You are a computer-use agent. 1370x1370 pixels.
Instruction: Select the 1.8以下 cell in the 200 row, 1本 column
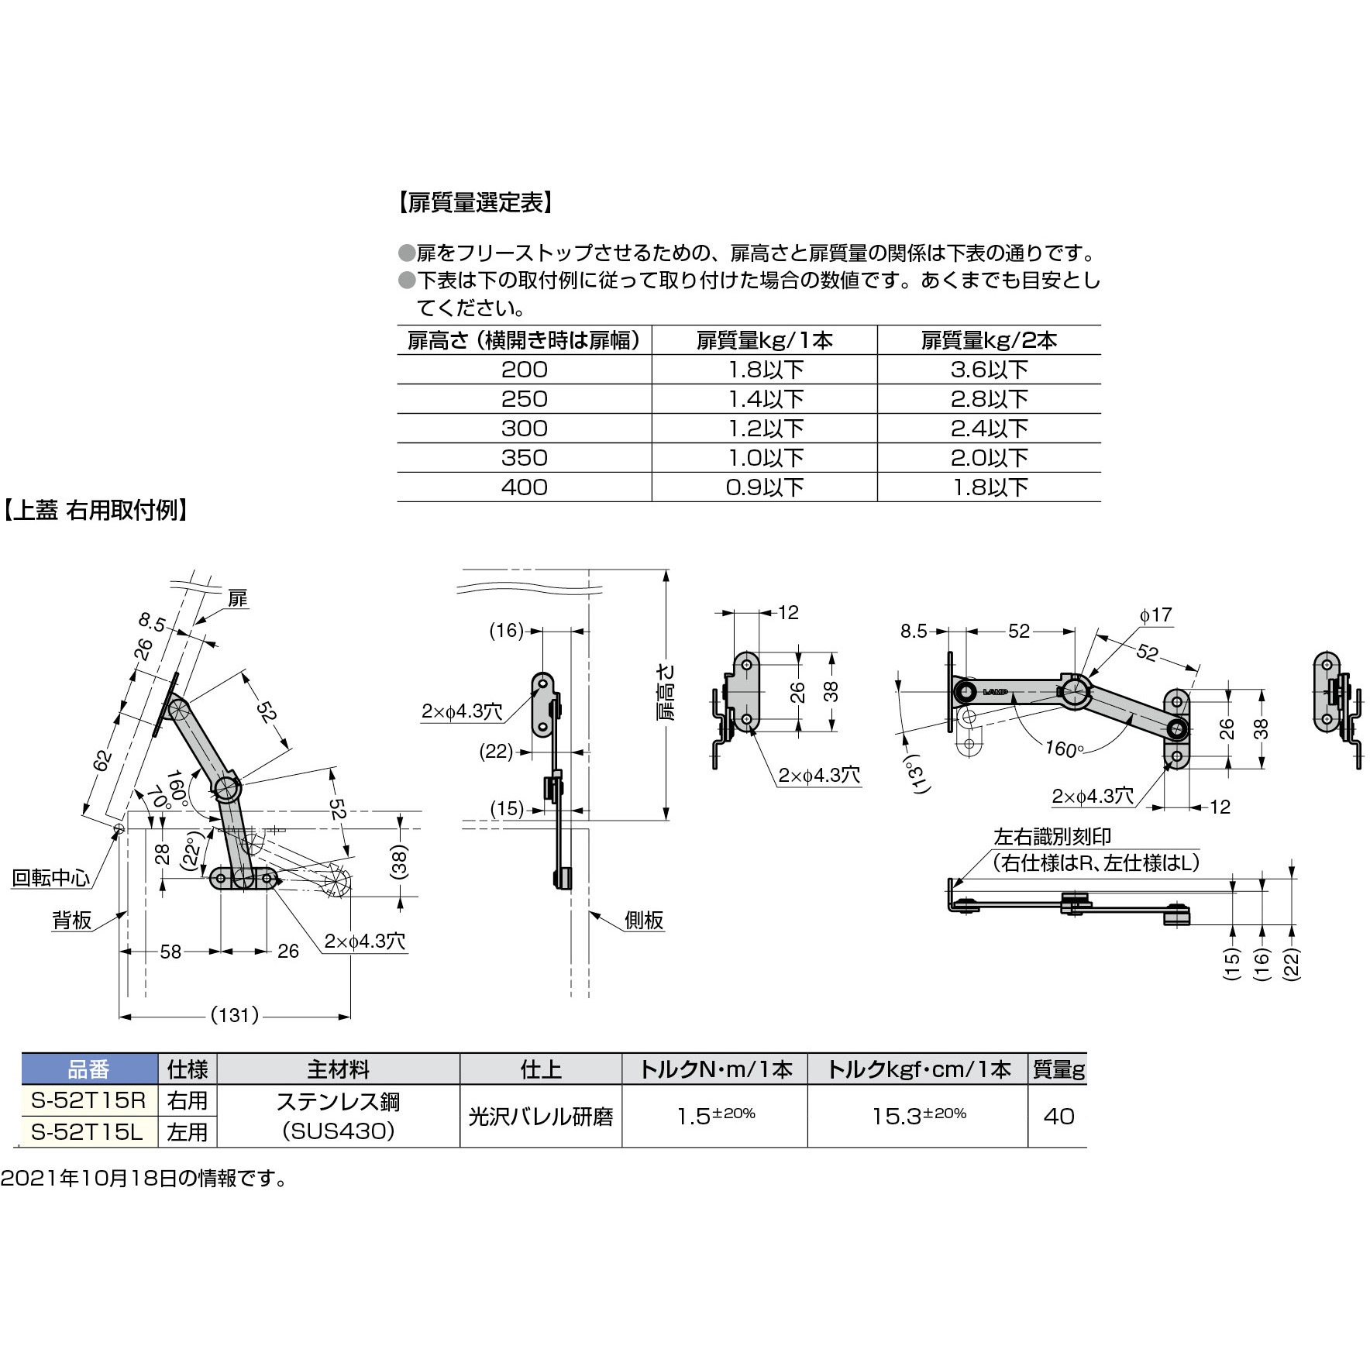764,370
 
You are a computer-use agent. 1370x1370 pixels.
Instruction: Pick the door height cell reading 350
524,457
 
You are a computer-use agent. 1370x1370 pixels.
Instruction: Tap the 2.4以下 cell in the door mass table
989,429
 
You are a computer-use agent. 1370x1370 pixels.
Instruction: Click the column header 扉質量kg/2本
989,340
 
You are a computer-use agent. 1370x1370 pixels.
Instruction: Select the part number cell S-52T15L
89,1132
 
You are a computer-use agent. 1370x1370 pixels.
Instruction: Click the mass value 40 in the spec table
1058,1116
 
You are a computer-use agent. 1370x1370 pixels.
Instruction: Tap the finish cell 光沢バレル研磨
540,1117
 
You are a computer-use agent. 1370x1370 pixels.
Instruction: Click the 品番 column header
89,1070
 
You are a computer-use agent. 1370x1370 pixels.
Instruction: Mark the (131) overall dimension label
234,1015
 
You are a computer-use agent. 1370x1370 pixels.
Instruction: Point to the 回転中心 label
50,878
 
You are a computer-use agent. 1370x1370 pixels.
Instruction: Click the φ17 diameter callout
1155,615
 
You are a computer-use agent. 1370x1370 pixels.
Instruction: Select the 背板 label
71,921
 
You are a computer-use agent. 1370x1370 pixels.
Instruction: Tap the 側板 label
644,920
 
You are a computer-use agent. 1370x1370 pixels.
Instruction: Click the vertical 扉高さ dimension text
668,692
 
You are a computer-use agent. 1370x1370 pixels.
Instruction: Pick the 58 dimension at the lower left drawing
170,951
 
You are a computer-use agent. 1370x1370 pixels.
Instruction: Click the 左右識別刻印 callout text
1052,836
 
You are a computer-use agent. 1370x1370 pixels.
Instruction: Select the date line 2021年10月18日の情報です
144,1179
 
